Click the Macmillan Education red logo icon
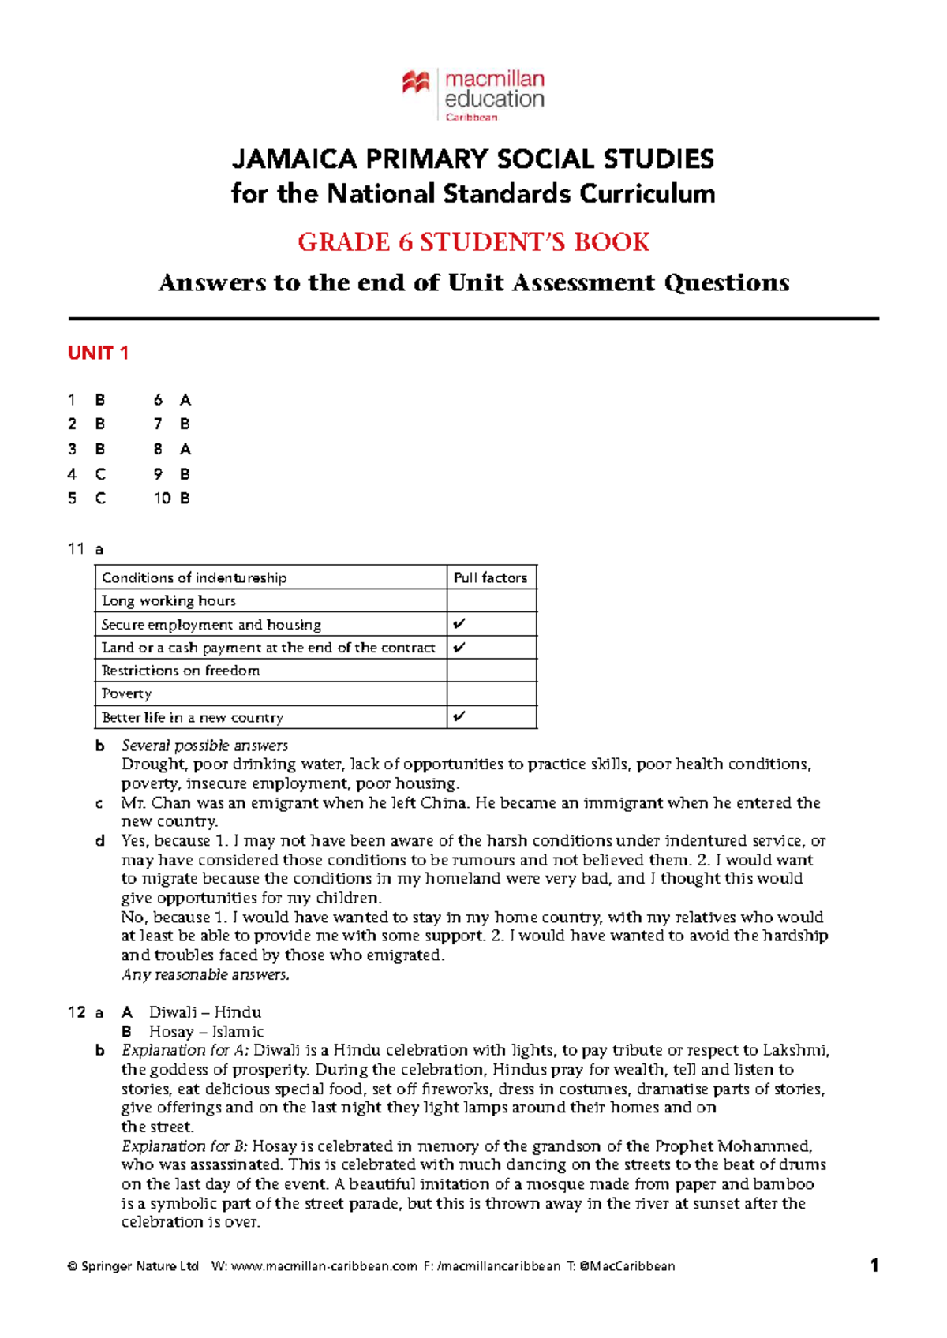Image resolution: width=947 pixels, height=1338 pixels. pyautogui.click(x=416, y=82)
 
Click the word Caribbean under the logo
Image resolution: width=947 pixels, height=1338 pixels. pyautogui.click(x=471, y=118)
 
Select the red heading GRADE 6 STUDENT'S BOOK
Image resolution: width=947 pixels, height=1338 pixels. pyautogui.click(x=473, y=241)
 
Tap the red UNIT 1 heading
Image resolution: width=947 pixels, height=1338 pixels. pyautogui.click(x=98, y=353)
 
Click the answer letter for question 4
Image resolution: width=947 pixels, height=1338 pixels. pyautogui.click(x=100, y=474)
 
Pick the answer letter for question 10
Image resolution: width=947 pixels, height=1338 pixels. pyautogui.click(x=185, y=499)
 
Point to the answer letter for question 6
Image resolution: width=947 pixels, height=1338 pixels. pyautogui.click(x=185, y=400)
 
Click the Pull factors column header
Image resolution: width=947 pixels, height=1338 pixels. pyautogui.click(x=490, y=577)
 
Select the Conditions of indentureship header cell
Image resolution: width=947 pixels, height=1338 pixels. pyautogui.click(x=194, y=577)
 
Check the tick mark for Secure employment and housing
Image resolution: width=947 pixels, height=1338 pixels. pyautogui.click(x=459, y=624)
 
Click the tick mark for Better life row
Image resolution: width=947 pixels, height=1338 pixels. pyautogui.click(x=459, y=717)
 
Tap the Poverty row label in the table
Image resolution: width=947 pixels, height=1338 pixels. pyautogui.click(x=126, y=693)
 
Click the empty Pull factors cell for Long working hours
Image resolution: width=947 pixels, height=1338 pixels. pyautogui.click(x=491, y=600)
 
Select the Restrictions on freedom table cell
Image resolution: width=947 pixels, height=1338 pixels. pyautogui.click(x=181, y=671)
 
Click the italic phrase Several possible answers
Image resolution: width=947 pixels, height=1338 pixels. pyautogui.click(x=204, y=746)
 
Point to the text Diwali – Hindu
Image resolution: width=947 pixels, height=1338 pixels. pyautogui.click(x=205, y=1012)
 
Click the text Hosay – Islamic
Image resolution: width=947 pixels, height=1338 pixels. pyautogui.click(x=206, y=1032)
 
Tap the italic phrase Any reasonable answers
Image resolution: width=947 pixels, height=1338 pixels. pyautogui.click(x=205, y=975)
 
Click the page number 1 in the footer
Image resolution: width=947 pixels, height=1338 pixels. pyautogui.click(x=874, y=1266)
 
